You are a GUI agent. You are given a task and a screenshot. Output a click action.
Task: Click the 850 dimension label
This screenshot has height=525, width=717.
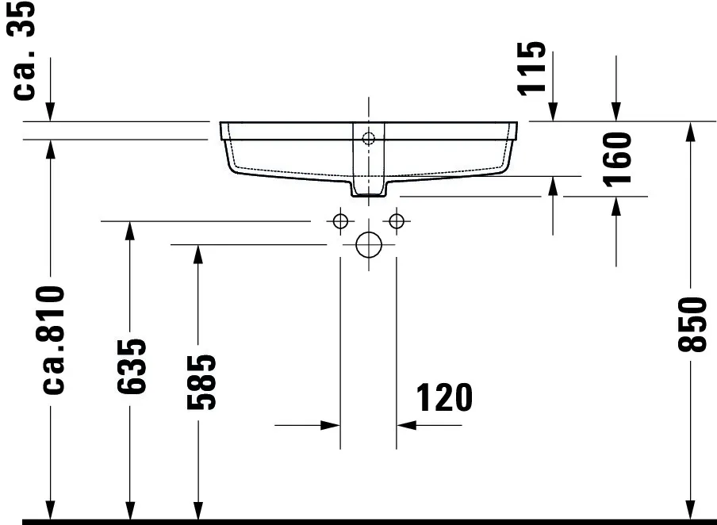(x=693, y=324)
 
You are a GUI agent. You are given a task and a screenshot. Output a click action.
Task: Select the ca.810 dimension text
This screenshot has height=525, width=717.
(x=52, y=339)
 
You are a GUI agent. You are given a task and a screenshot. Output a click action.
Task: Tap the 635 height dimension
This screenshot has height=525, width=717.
(x=131, y=366)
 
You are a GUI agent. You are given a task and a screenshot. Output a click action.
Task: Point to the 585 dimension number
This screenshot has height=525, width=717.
(x=201, y=382)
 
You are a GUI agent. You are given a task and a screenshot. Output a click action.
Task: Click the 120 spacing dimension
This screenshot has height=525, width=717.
(x=444, y=397)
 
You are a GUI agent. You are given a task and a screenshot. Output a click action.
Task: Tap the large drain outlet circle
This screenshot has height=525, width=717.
(x=369, y=245)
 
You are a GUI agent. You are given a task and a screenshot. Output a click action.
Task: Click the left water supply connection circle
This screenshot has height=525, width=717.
(x=340, y=220)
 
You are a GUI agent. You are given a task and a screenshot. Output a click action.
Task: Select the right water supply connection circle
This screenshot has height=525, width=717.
(x=397, y=220)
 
